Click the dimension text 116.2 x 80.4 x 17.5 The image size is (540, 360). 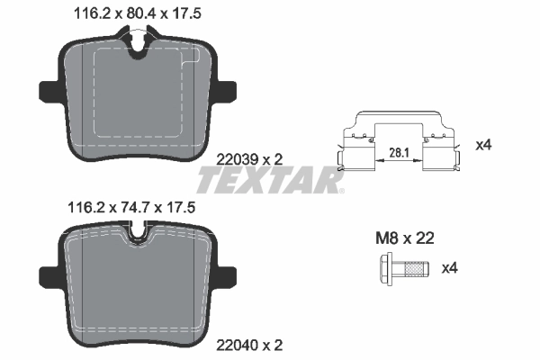(132, 13)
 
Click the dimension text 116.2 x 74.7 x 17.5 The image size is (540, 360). (132, 206)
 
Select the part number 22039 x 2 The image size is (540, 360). (251, 158)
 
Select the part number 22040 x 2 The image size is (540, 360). (251, 344)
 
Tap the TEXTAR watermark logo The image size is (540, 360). (270, 181)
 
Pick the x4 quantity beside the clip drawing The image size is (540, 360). (482, 143)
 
